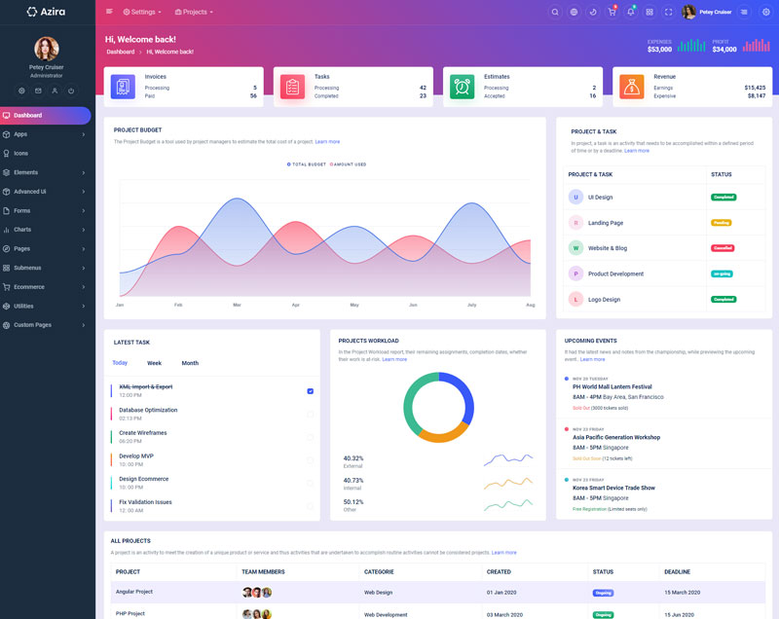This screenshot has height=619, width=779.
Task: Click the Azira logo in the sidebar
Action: [x=46, y=12]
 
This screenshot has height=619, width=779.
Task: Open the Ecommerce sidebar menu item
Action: [x=28, y=287]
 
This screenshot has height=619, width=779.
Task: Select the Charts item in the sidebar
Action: [x=22, y=230]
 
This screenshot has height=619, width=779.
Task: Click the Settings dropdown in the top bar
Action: [x=142, y=12]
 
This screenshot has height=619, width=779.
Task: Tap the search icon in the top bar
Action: [x=555, y=12]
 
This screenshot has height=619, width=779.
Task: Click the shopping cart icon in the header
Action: [x=612, y=12]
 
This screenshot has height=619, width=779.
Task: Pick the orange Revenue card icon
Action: [x=632, y=86]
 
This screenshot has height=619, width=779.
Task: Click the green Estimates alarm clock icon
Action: [x=462, y=86]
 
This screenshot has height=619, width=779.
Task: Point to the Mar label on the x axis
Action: [x=237, y=305]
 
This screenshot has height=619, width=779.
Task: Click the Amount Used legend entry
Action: [x=348, y=164]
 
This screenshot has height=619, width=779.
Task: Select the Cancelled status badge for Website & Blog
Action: [x=722, y=248]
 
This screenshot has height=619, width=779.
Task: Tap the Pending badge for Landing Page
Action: [x=722, y=223]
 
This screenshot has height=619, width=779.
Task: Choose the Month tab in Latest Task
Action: [x=190, y=363]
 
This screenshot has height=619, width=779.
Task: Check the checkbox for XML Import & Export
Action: [x=310, y=390]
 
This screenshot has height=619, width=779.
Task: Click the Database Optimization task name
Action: [x=148, y=410]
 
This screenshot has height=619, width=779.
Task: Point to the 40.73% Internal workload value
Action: [x=353, y=480]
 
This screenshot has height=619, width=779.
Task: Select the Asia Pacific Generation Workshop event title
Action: [x=616, y=437]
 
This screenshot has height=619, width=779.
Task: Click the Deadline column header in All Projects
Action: [x=677, y=571]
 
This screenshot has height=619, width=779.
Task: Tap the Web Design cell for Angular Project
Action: [x=378, y=592]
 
